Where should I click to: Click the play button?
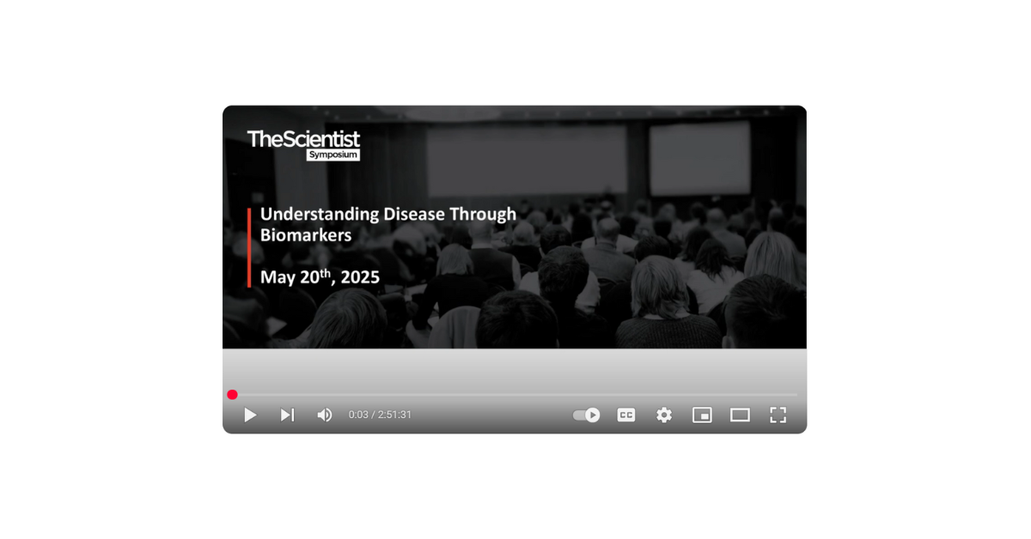(250, 415)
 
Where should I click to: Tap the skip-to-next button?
(288, 415)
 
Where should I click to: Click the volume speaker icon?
(325, 415)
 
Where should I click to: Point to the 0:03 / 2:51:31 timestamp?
(380, 415)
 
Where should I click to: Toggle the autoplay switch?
(586, 415)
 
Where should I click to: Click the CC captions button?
(626, 415)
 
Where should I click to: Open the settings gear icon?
(663, 415)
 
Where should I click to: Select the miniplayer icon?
(702, 415)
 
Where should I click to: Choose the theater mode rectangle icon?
(740, 415)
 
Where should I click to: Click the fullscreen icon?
(778, 415)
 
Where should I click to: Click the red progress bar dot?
(233, 395)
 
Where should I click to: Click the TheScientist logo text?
(303, 139)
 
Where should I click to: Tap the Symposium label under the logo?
(333, 155)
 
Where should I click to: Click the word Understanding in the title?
(320, 215)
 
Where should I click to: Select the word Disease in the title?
(414, 214)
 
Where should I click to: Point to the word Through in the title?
(483, 215)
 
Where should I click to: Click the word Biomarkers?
(306, 235)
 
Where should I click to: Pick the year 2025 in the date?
(360, 277)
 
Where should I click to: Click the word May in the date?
(278, 278)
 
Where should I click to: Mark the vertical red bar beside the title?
(249, 248)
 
